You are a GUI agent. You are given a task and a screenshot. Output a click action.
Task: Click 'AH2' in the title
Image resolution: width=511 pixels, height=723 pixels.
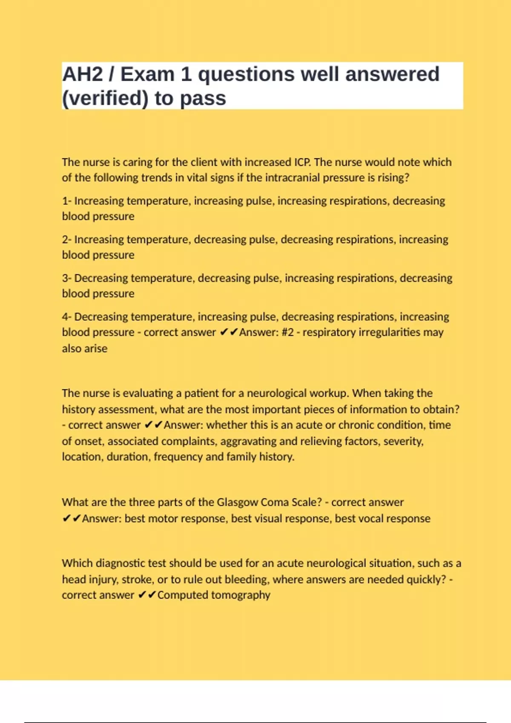click(82, 74)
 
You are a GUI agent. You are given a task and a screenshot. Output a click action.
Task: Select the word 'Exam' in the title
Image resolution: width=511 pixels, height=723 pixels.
click(147, 74)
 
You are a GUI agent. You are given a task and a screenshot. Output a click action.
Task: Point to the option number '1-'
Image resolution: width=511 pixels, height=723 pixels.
click(67, 201)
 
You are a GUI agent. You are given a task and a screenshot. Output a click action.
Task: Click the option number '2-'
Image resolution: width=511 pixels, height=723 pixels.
click(67, 239)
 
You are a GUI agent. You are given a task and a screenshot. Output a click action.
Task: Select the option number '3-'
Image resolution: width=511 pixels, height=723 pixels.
click(67, 278)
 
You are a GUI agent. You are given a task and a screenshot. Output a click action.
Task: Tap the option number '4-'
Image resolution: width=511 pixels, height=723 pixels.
click(67, 317)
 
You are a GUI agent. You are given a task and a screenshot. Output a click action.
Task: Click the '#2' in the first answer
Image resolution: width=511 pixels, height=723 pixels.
click(287, 332)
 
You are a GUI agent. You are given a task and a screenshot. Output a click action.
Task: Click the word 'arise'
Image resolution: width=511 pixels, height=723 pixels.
click(97, 349)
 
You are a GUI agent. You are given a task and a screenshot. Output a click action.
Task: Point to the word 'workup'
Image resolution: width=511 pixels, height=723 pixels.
click(328, 393)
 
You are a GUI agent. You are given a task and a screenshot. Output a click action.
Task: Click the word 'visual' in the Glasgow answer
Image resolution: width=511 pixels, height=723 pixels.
click(245, 518)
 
